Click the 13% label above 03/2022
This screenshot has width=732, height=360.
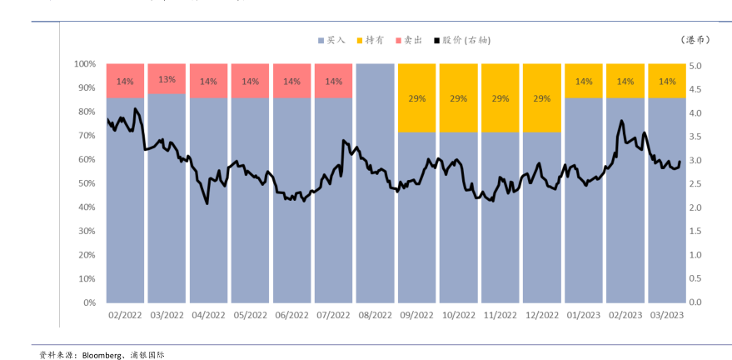tap(167, 80)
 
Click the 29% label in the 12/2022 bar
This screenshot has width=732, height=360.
tap(541, 98)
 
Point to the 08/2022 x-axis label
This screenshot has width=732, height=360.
tap(375, 315)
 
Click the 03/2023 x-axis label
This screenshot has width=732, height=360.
tap(667, 315)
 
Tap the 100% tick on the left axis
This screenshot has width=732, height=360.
tap(84, 63)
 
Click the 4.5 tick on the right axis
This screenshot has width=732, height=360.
tap(696, 87)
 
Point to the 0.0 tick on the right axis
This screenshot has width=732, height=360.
tap(696, 302)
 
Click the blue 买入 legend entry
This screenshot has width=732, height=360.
tap(331, 39)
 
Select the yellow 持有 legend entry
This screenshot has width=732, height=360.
tap(371, 39)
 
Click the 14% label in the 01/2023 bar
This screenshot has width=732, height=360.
tap(584, 82)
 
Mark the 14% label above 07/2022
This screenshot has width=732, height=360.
tap(333, 82)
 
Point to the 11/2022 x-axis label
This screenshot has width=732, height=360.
tap(500, 315)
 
